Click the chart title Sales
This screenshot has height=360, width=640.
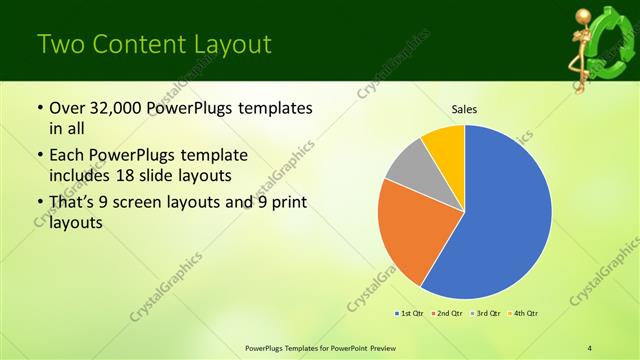[465, 108]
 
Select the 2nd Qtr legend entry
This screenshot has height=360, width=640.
[446, 314]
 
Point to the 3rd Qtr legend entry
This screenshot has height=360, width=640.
[484, 314]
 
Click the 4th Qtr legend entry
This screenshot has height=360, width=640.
[521, 314]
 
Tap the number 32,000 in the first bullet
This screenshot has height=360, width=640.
[115, 108]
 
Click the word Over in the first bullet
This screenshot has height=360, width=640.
[69, 108]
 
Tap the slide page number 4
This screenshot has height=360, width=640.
[590, 347]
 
